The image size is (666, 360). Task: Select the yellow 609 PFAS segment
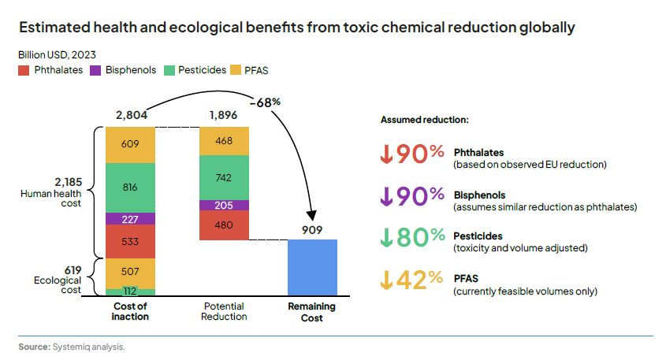[130, 144]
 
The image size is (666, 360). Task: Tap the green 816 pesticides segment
[130, 187]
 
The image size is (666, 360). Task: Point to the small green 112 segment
[130, 291]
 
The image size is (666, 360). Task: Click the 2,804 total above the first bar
[131, 115]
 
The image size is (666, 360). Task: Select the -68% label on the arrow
[265, 102]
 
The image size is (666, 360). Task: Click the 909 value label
[312, 230]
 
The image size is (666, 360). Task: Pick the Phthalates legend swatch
[24, 70]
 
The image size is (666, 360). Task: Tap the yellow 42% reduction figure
[413, 280]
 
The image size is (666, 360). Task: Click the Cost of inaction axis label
[130, 311]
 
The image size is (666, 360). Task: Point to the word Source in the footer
[34, 347]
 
